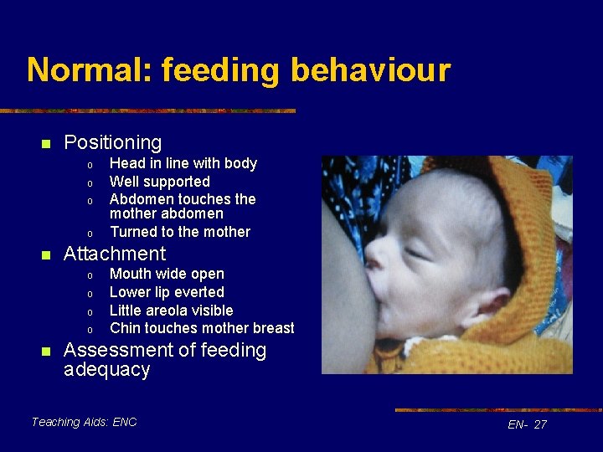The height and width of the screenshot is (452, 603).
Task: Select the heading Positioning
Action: (x=112, y=143)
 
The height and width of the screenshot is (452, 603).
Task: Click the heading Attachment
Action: (x=115, y=254)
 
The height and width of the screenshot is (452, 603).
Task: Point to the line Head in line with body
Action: (x=183, y=163)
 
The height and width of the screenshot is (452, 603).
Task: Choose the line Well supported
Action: (x=159, y=182)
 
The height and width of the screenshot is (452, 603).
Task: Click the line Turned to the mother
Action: (x=179, y=232)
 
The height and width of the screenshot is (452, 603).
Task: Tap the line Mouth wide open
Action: (x=167, y=274)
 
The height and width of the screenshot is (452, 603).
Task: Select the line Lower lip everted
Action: (x=167, y=292)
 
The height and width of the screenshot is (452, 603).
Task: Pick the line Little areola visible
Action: (x=171, y=311)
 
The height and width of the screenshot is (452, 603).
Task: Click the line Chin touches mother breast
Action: (x=202, y=328)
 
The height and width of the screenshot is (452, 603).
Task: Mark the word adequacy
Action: (x=106, y=370)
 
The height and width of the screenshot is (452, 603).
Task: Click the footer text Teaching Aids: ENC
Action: (x=84, y=422)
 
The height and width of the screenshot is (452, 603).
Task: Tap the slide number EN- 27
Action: (x=527, y=424)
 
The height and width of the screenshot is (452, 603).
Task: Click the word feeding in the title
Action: (x=219, y=70)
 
